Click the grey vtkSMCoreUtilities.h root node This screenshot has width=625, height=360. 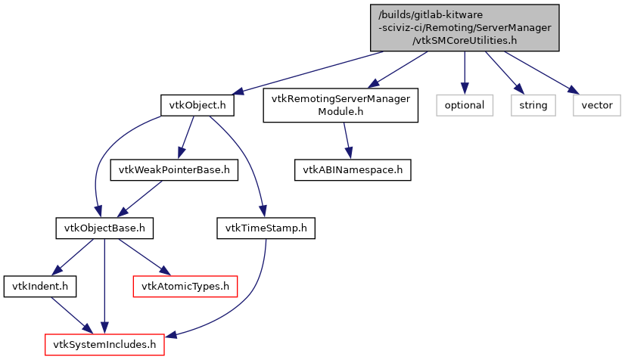[465, 28]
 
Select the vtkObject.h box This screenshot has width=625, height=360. [196, 105]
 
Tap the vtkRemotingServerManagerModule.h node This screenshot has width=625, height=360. [340, 105]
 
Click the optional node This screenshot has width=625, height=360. [464, 105]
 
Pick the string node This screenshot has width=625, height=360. [533, 105]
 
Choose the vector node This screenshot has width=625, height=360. [596, 105]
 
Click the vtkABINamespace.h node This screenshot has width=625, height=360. [353, 169]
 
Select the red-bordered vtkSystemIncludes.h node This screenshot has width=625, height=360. [104, 345]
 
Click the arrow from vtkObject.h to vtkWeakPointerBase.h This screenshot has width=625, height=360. [185, 138]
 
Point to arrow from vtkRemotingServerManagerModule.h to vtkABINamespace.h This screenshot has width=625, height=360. [347, 141]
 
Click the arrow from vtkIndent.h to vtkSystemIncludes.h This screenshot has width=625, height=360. [69, 315]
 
